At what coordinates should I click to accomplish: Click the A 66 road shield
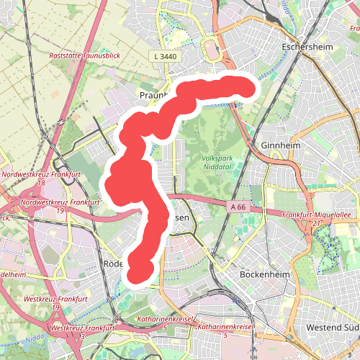click(239, 207)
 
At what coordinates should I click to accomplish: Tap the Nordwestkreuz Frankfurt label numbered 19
click(50, 202)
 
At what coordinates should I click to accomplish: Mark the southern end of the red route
click(139, 274)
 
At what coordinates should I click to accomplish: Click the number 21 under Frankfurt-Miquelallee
click(316, 223)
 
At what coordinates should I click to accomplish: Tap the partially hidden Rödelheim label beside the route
click(114, 263)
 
